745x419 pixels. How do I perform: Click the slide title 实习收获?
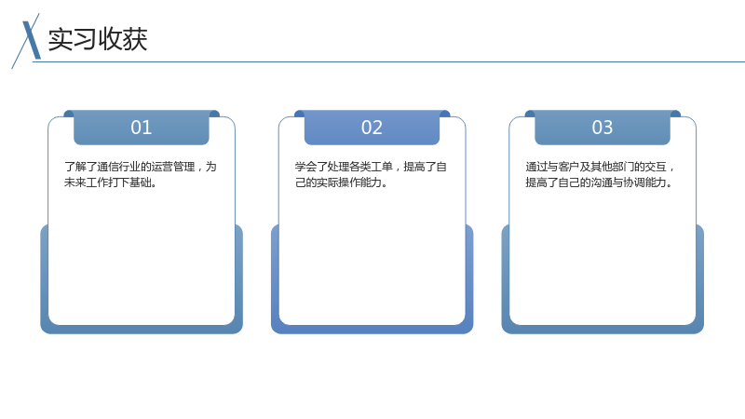(x=98, y=39)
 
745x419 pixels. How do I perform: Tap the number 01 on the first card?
(x=142, y=128)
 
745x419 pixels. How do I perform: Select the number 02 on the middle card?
(x=372, y=128)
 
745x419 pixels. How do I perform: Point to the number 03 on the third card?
(x=603, y=128)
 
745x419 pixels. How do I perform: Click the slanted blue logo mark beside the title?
(x=27, y=41)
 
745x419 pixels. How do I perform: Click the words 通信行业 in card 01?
(x=119, y=167)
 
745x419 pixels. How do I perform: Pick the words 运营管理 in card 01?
(x=173, y=167)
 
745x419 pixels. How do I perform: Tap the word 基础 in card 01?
(x=141, y=182)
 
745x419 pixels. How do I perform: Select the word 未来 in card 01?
(x=75, y=182)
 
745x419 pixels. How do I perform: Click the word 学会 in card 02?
(x=305, y=167)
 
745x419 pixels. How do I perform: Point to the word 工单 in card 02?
(x=382, y=167)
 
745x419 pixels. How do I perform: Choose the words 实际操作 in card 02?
(x=338, y=182)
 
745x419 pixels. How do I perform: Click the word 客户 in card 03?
(x=569, y=167)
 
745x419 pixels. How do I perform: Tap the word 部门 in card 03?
(x=623, y=167)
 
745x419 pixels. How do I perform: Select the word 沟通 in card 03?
(x=602, y=182)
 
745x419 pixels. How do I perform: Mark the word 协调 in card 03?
(x=634, y=182)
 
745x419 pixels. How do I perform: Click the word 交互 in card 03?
(x=656, y=167)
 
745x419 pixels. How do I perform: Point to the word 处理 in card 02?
(x=338, y=167)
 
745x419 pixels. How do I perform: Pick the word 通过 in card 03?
(x=536, y=167)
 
